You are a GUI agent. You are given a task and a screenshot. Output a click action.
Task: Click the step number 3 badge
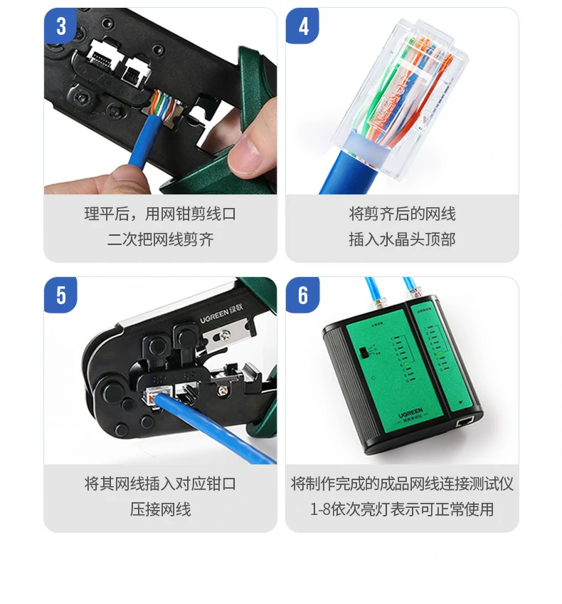click(61, 26)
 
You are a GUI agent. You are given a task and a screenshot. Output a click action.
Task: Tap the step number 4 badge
click(303, 26)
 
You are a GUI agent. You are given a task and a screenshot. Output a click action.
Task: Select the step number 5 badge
click(61, 295)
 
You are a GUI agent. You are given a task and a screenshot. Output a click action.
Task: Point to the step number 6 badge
click(303, 295)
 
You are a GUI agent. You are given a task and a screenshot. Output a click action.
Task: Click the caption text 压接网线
click(160, 509)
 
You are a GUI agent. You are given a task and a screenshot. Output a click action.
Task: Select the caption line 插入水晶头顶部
click(402, 239)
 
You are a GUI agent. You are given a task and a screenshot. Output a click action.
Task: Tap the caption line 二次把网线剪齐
click(160, 239)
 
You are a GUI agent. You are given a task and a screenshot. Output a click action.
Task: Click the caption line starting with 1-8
click(402, 509)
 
